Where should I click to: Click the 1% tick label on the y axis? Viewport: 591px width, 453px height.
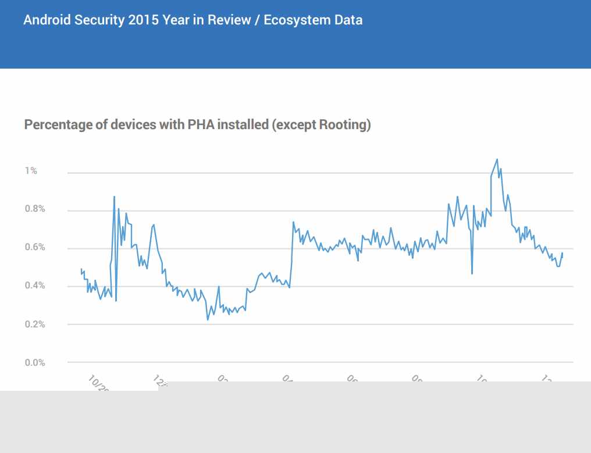[x=30, y=171]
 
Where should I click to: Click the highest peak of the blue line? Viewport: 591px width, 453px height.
[x=497, y=159]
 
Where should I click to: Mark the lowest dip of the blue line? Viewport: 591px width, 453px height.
[x=208, y=319]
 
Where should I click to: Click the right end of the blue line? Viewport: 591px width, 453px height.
[x=562, y=253]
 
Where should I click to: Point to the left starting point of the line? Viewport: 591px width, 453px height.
[x=81, y=269]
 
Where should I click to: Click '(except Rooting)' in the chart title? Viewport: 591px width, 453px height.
[x=321, y=124]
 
